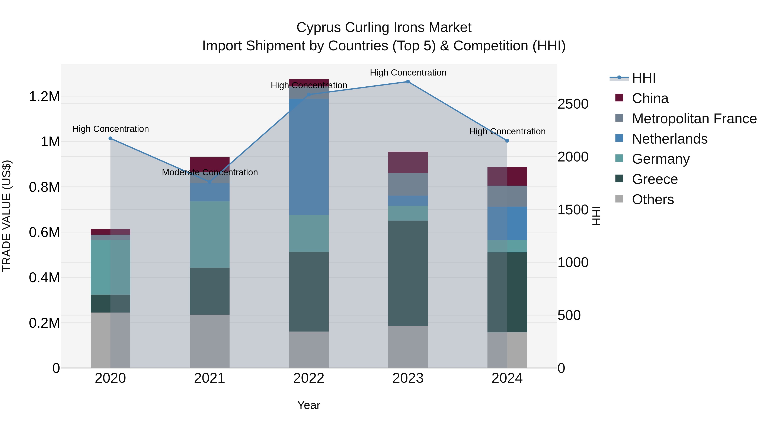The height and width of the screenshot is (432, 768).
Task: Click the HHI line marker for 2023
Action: (408, 82)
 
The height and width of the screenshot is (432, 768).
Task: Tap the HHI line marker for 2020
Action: (110, 138)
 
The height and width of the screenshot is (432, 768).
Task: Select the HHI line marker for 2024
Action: (507, 141)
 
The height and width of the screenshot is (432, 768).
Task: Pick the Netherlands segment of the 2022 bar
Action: (309, 157)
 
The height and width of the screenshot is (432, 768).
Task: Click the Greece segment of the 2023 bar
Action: (408, 273)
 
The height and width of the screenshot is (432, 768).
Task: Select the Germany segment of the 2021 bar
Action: (209, 234)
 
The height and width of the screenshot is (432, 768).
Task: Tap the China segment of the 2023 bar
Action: (408, 162)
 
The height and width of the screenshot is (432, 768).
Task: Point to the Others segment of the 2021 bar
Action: (209, 341)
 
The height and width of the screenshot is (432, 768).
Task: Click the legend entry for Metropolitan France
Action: (694, 119)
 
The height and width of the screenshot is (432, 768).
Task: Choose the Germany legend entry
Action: (661, 159)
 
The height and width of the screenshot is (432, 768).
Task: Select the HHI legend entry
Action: (643, 78)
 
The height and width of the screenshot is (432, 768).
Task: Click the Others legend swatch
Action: (619, 199)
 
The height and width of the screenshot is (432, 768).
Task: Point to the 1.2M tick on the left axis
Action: (44, 97)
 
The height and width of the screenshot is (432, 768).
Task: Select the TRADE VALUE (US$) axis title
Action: (7, 216)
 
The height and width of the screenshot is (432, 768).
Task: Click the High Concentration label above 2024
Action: (507, 131)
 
